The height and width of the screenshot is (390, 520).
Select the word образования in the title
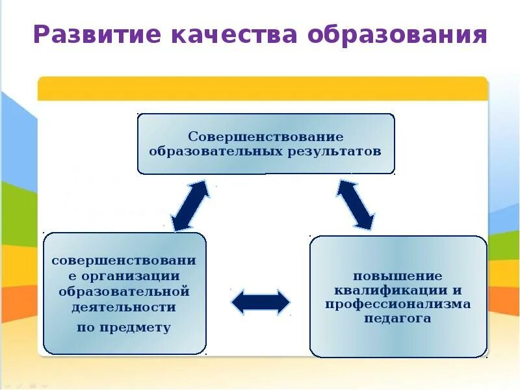(398, 34)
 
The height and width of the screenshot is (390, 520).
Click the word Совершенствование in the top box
(266, 137)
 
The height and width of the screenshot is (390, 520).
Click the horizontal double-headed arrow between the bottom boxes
(261, 302)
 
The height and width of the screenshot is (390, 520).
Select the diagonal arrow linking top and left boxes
(190, 205)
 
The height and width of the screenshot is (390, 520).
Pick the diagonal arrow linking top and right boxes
(355, 205)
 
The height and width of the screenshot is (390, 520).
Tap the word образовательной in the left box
(123, 291)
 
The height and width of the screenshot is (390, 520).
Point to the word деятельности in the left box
(123, 307)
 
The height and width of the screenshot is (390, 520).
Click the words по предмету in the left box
(123, 328)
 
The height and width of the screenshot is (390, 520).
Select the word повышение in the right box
(398, 276)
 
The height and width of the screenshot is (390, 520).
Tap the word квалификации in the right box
(389, 290)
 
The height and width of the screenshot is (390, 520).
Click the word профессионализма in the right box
(398, 304)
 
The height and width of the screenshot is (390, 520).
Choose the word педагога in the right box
(398, 319)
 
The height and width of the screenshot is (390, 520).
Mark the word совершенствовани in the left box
(123, 261)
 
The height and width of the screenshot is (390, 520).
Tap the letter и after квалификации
(458, 290)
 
